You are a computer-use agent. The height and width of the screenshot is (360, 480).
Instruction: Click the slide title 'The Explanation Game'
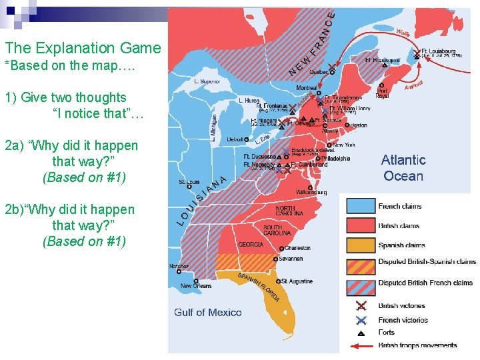coord(83,48)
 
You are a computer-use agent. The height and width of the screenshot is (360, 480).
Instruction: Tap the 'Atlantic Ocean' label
coord(403,168)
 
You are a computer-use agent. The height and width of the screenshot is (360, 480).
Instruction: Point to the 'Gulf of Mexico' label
coord(208,312)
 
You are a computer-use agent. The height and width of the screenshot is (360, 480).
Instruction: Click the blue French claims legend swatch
coord(360,206)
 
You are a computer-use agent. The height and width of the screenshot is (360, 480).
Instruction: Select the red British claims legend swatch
coord(360,225)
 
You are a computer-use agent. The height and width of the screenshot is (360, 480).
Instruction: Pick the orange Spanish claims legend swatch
coord(360,245)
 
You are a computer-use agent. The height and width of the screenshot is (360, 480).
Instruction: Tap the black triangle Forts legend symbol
coord(361,332)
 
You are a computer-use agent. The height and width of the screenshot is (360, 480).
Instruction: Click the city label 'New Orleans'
coord(196,286)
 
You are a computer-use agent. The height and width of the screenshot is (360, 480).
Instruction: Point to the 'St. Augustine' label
coord(297,281)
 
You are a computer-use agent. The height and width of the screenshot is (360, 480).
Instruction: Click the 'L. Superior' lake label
coord(207,81)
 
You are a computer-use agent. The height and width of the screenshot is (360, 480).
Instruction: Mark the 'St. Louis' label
coord(189,182)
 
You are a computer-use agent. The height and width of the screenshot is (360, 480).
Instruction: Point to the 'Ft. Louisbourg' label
coord(439,51)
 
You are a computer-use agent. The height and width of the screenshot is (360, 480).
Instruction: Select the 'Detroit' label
coord(235,139)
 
